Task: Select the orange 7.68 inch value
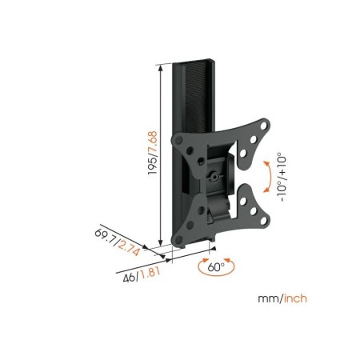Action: (153, 142)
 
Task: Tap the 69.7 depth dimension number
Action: (106, 238)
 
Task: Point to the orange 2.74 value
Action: (129, 248)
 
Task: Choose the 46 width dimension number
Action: (129, 278)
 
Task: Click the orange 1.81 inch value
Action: (150, 273)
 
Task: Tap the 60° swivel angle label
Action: (216, 267)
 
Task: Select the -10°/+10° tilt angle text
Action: (282, 177)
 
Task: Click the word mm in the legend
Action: (268, 298)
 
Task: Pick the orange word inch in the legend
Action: (295, 298)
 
